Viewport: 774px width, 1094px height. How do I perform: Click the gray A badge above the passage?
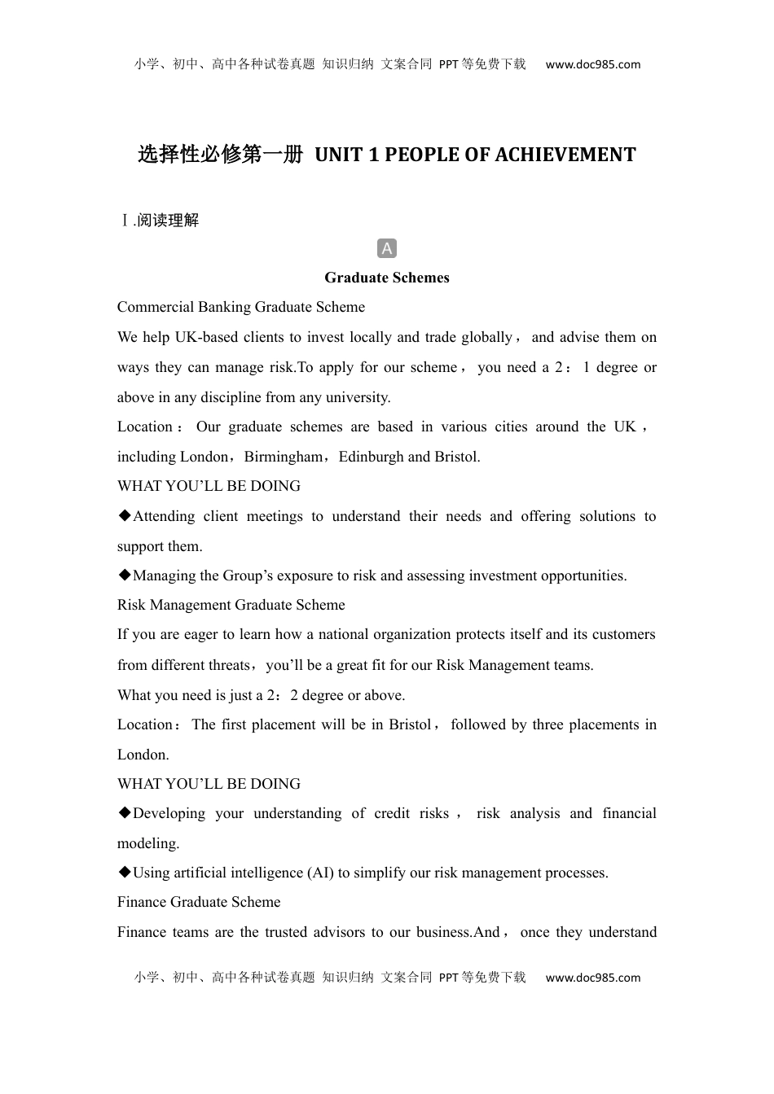pyautogui.click(x=387, y=248)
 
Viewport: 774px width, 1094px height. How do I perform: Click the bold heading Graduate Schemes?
pyautogui.click(x=387, y=278)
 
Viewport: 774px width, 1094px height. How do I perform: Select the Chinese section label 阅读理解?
pyautogui.click(x=169, y=220)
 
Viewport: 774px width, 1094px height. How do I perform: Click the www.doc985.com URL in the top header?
pyautogui.click(x=592, y=64)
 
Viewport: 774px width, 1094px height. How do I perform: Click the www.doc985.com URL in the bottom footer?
pyautogui.click(x=592, y=978)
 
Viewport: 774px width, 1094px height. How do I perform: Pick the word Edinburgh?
pyautogui.click(x=371, y=457)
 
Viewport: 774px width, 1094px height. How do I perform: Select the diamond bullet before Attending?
pyautogui.click(x=125, y=515)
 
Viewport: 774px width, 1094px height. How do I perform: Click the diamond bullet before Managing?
pyautogui.click(x=125, y=575)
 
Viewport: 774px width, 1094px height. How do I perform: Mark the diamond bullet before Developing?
pyautogui.click(x=125, y=812)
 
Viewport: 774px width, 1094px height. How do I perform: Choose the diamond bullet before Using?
pyautogui.click(x=125, y=872)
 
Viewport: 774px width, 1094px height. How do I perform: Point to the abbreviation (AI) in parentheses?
pyautogui.click(x=320, y=873)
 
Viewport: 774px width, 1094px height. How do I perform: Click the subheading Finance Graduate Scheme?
pyautogui.click(x=199, y=902)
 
